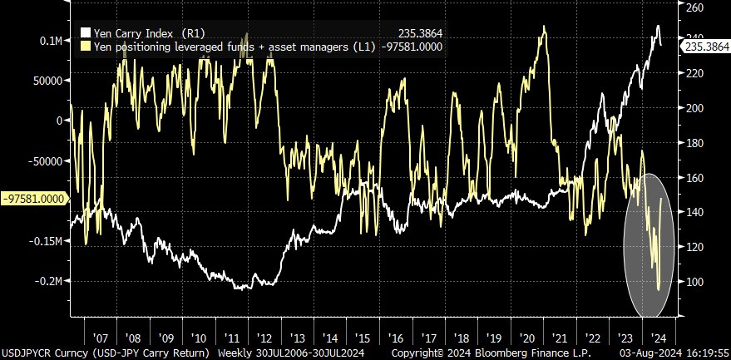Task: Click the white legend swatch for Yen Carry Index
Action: click(x=85, y=33)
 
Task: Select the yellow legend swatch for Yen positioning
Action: click(x=85, y=47)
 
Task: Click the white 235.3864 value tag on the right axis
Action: click(x=704, y=48)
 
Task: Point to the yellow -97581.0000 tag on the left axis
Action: click(x=34, y=200)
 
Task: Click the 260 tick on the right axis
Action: click(x=695, y=7)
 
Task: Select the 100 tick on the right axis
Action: click(x=695, y=282)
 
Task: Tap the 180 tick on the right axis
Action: click(x=695, y=143)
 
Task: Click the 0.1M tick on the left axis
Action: click(x=49, y=40)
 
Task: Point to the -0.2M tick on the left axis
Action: click(x=47, y=281)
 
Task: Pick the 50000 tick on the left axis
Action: click(x=46, y=80)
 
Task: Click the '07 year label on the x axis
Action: click(x=101, y=339)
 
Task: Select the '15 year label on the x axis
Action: click(x=361, y=339)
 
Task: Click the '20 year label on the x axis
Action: click(x=524, y=339)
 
